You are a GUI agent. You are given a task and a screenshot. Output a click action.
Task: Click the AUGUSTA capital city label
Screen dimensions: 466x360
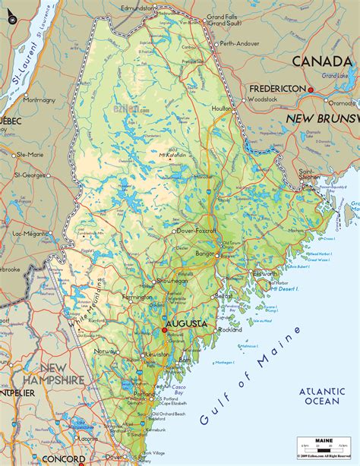coord(187,323)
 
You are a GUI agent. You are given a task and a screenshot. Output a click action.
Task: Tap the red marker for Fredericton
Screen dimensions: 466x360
coord(311,90)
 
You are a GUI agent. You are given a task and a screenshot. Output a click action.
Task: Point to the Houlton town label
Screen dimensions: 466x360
coord(220,109)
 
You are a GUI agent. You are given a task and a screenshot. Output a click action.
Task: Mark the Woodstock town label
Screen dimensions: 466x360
coord(264,99)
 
